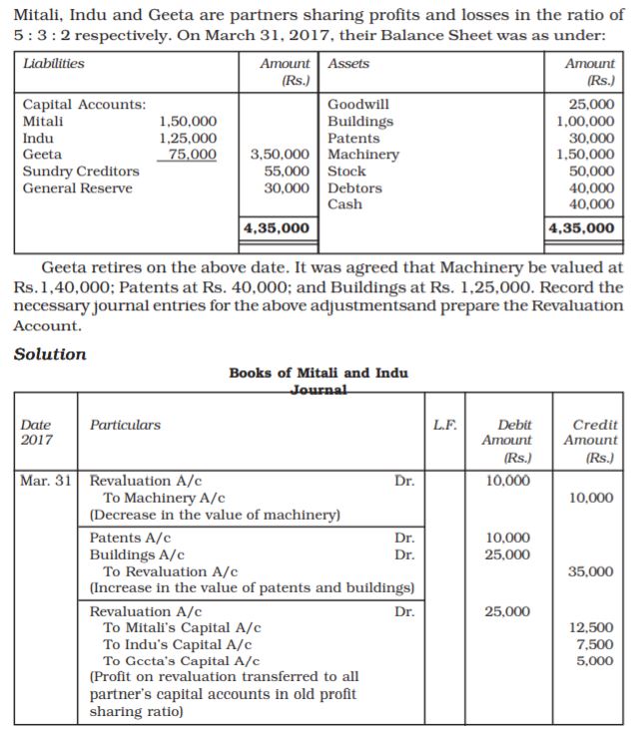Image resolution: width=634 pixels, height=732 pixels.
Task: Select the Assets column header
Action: [x=348, y=64]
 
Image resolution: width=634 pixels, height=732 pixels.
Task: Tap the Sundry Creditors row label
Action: [x=81, y=172]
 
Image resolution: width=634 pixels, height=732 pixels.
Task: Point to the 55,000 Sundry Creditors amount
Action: [x=284, y=172]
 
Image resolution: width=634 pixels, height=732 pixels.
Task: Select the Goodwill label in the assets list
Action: [x=358, y=105]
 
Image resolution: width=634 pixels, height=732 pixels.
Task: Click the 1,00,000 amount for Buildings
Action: [x=586, y=122]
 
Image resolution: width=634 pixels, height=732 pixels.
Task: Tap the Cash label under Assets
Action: [x=344, y=204]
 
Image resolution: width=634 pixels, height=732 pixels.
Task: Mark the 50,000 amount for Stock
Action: [x=593, y=172]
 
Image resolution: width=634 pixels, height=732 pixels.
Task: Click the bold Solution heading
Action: [x=50, y=354]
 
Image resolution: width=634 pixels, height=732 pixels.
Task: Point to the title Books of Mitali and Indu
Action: [x=317, y=373]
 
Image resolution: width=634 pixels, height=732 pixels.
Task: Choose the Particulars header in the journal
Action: [x=125, y=425]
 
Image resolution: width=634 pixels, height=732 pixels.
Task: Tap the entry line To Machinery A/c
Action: [x=165, y=498]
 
